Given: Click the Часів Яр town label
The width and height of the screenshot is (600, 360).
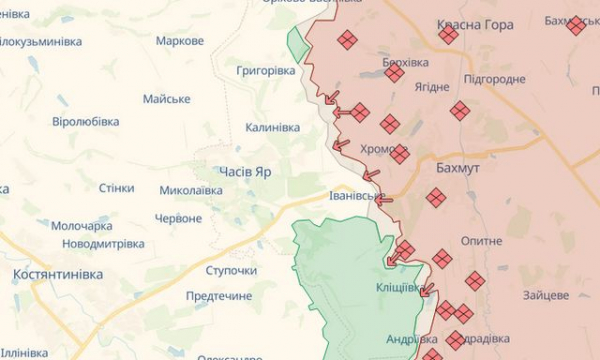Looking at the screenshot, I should pyautogui.click(x=238, y=171).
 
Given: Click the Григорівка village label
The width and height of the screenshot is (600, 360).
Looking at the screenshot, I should pyautogui.click(x=266, y=71).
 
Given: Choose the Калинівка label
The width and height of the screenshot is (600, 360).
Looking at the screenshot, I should pyautogui.click(x=272, y=127).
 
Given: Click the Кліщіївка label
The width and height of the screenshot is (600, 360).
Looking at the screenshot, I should pyautogui.click(x=399, y=287).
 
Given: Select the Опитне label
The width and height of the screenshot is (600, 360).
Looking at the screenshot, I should pyautogui.click(x=481, y=241).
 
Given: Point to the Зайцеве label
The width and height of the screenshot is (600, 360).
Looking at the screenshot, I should pyautogui.click(x=545, y=295).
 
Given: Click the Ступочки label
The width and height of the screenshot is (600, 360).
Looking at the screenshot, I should pyautogui.click(x=231, y=270).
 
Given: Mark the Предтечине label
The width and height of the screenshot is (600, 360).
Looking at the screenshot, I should pyautogui.click(x=219, y=296).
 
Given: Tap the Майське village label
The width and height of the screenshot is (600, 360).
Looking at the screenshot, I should pyautogui.click(x=166, y=98).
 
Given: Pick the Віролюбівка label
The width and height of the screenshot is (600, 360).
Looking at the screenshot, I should pyautogui.click(x=85, y=121).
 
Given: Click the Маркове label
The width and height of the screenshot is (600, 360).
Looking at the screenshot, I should pyautogui.click(x=180, y=41).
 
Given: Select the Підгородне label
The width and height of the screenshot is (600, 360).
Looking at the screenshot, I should pyautogui.click(x=494, y=78).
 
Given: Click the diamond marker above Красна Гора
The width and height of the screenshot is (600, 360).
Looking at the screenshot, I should pyautogui.click(x=448, y=35).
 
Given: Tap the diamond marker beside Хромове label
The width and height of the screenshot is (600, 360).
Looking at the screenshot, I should pyautogui.click(x=399, y=154).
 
